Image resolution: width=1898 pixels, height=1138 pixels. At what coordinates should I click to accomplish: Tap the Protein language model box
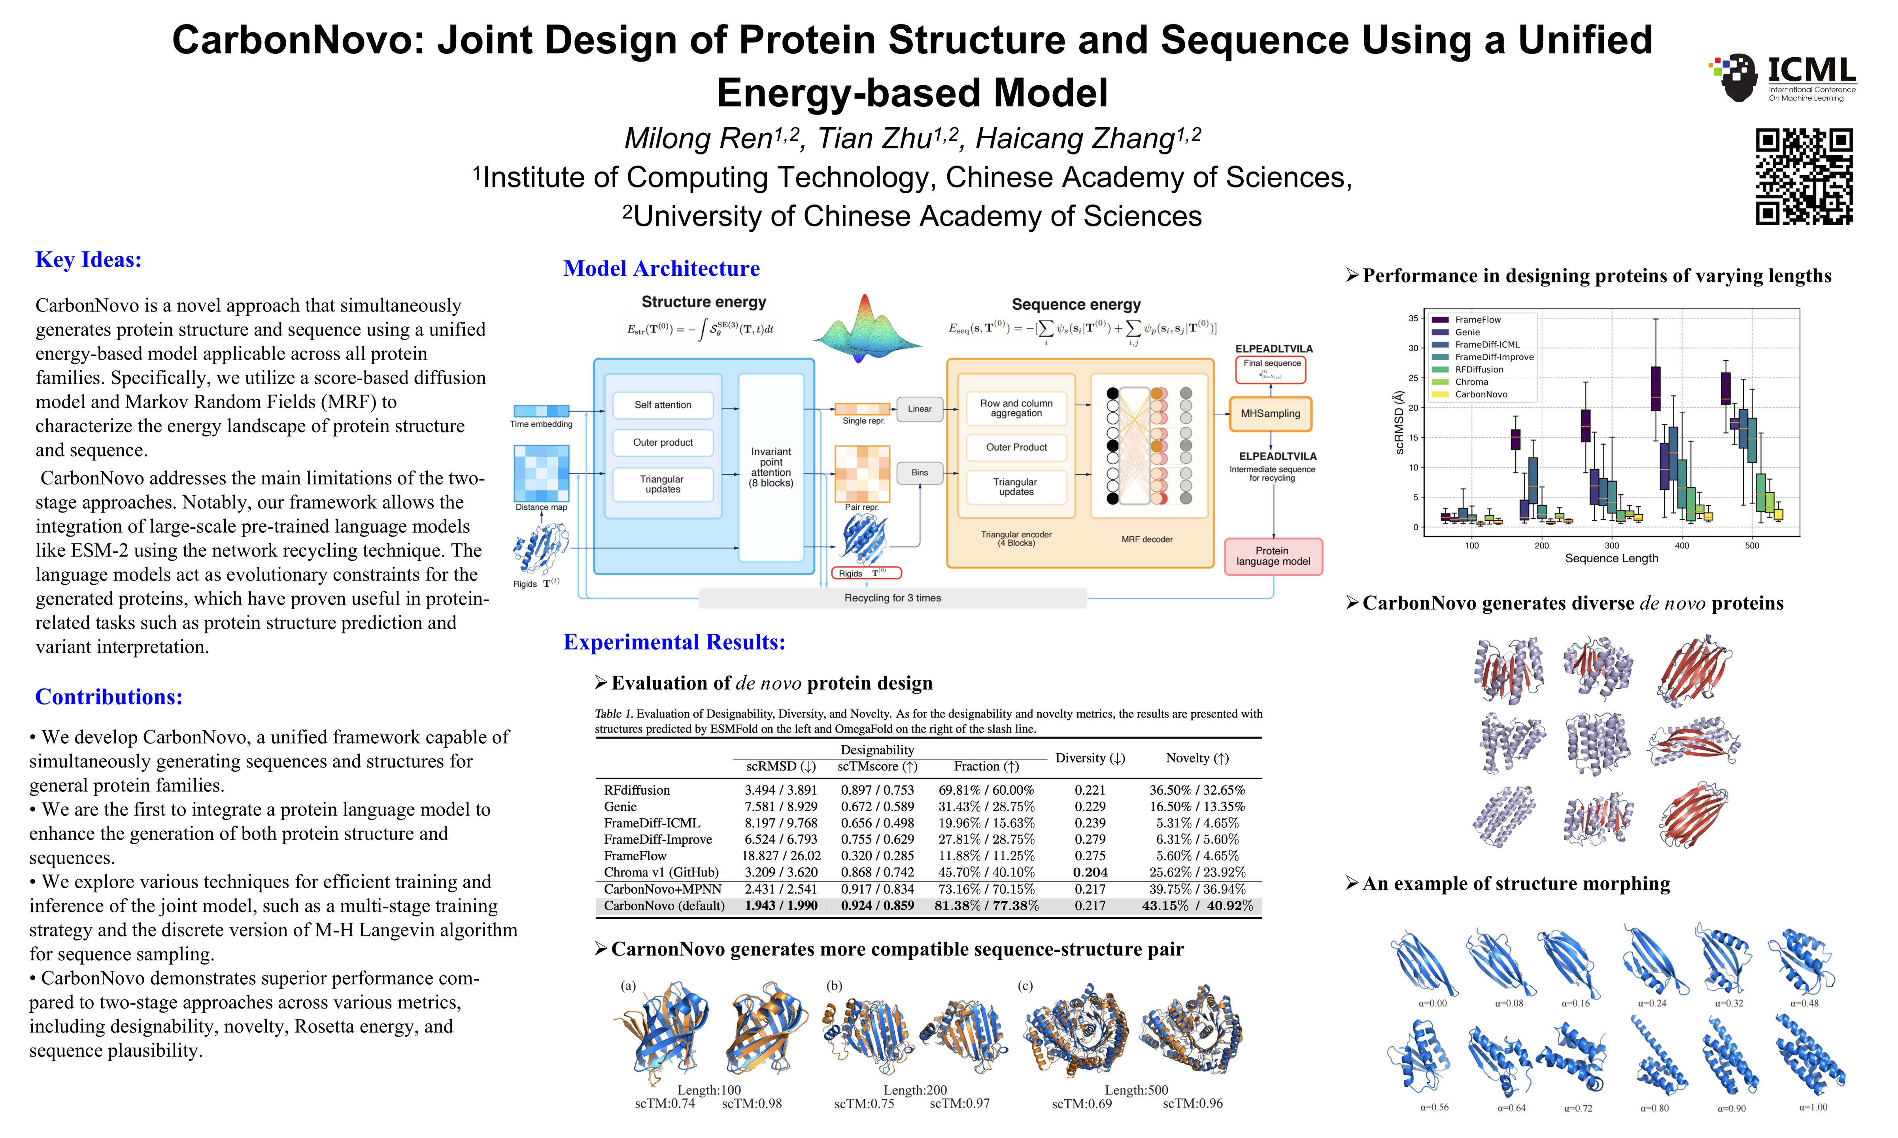1273,556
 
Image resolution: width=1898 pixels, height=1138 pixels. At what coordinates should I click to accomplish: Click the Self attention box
663,405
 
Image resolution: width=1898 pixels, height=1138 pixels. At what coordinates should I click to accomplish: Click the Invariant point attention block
771,467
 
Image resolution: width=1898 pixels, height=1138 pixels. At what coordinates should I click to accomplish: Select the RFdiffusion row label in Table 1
637,790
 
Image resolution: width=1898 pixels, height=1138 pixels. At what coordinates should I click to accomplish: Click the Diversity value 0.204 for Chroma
1090,872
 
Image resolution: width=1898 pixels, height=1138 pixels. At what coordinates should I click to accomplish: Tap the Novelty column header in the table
1197,757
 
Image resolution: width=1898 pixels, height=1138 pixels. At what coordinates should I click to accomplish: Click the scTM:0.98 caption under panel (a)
752,1104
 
